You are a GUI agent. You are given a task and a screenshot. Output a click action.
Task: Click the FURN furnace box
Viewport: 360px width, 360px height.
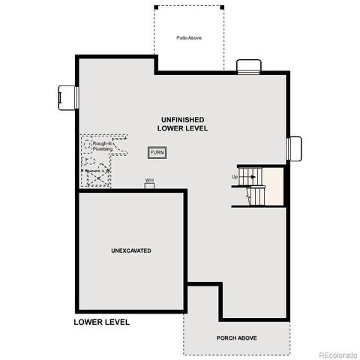click(x=157, y=152)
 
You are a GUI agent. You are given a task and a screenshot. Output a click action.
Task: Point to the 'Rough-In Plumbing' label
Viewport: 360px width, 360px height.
click(x=103, y=146)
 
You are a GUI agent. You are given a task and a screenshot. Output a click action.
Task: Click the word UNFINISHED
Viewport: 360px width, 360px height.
click(x=182, y=120)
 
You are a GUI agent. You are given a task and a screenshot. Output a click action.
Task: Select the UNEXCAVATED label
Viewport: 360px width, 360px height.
click(x=131, y=250)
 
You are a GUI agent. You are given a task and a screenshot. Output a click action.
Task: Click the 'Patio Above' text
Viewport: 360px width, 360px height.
click(x=189, y=37)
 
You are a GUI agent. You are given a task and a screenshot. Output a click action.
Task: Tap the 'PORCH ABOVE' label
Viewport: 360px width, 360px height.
click(x=237, y=337)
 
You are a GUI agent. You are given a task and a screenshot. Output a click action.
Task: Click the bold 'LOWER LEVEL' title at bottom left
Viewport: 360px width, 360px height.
click(x=102, y=322)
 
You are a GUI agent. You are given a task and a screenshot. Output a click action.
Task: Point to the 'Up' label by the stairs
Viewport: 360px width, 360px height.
click(x=235, y=177)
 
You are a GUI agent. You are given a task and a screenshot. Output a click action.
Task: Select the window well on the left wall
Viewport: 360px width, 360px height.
click(x=66, y=97)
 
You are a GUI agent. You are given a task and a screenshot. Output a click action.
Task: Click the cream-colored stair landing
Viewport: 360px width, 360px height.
click(x=274, y=185)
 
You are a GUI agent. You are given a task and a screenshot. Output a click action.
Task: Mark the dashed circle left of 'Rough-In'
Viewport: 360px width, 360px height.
click(x=87, y=143)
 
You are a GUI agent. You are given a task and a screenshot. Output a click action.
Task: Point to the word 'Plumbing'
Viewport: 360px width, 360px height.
click(x=103, y=149)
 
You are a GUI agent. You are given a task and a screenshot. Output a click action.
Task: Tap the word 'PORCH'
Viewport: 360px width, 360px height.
click(x=226, y=337)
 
